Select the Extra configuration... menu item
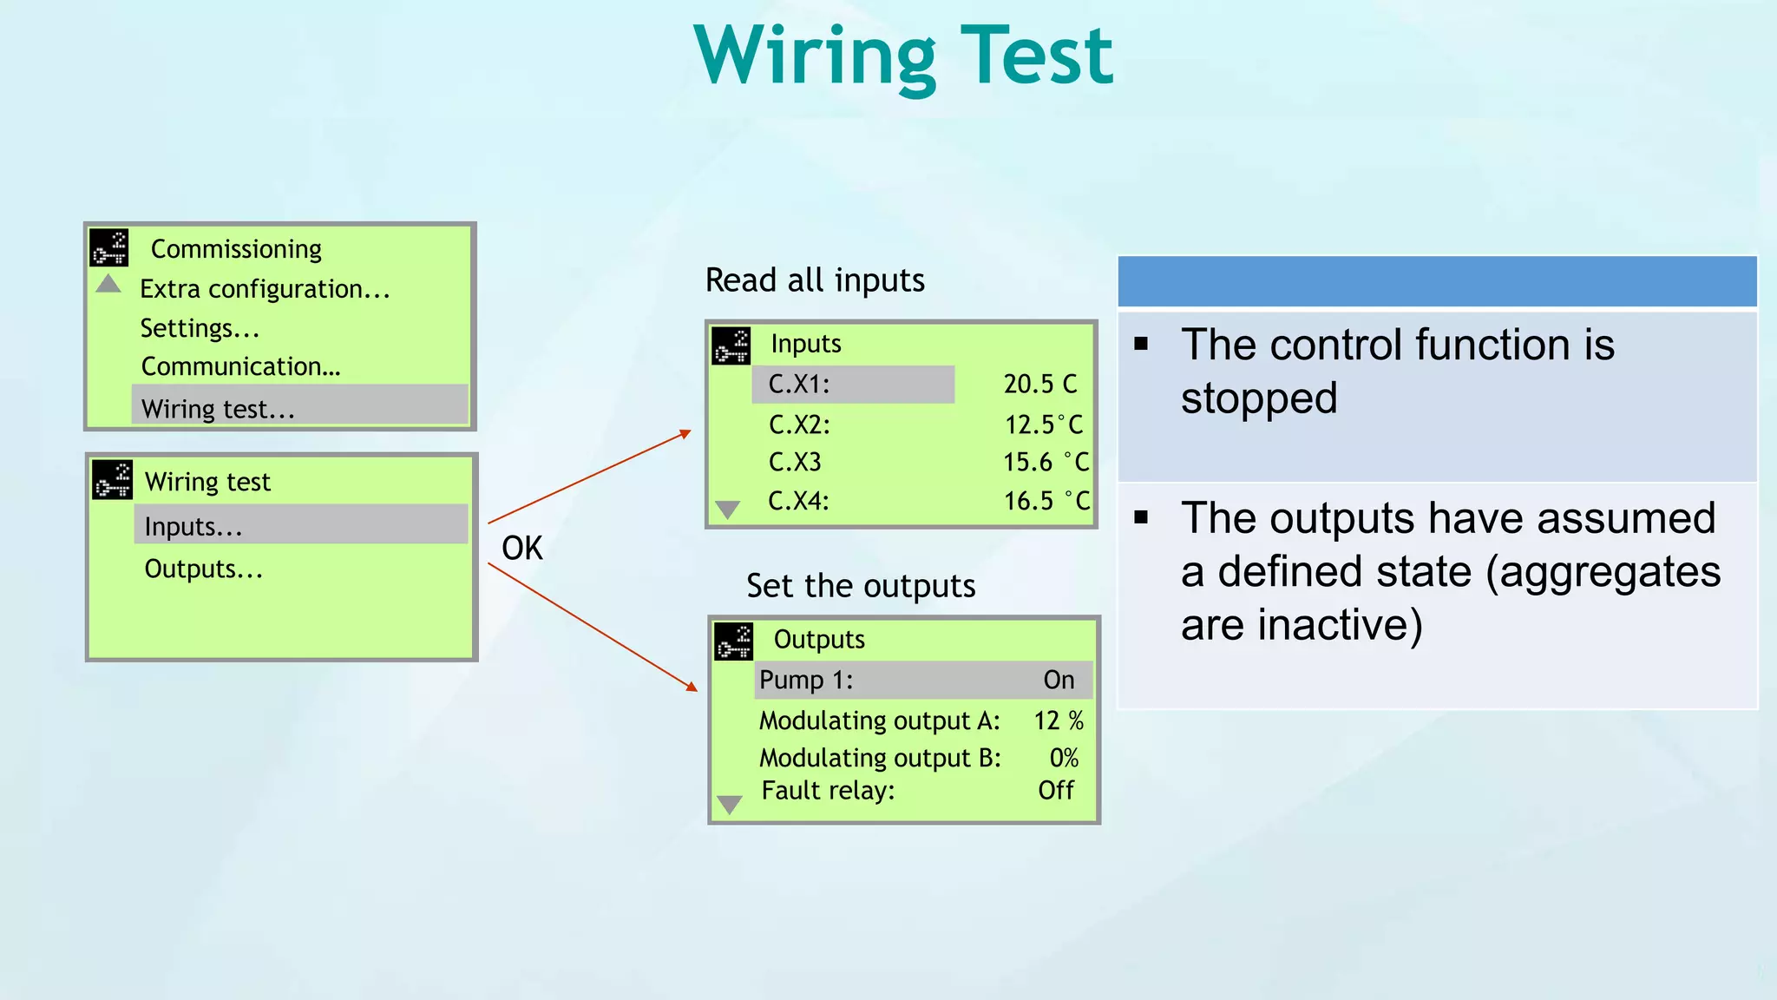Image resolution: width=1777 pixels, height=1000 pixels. (265, 289)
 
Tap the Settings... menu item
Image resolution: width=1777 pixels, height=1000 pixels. (200, 329)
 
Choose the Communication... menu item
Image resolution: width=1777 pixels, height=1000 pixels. (240, 367)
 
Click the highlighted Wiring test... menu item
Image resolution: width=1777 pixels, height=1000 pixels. (218, 409)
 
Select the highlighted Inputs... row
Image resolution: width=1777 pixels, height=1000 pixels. (193, 527)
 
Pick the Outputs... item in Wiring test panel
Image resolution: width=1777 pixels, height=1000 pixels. (203, 569)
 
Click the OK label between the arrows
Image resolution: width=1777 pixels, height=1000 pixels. (521, 549)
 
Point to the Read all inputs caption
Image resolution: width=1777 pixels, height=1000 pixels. (815, 280)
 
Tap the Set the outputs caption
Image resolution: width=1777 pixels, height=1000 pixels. (860, 586)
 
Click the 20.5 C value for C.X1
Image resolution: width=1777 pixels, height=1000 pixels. (1039, 385)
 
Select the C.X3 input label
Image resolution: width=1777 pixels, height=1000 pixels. (794, 462)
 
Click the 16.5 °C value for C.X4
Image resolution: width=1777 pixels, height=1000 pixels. (1046, 501)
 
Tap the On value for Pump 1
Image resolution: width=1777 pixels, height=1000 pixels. (1059, 680)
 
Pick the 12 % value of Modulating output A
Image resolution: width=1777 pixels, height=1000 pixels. (1058, 720)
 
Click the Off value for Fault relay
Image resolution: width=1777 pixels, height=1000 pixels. (1056, 791)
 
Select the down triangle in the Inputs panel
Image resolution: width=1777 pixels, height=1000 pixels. (727, 510)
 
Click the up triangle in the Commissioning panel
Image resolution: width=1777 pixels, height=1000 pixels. (108, 284)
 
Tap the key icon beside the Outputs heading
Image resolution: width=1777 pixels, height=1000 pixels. (733, 642)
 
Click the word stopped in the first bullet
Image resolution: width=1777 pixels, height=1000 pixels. (1258, 399)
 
